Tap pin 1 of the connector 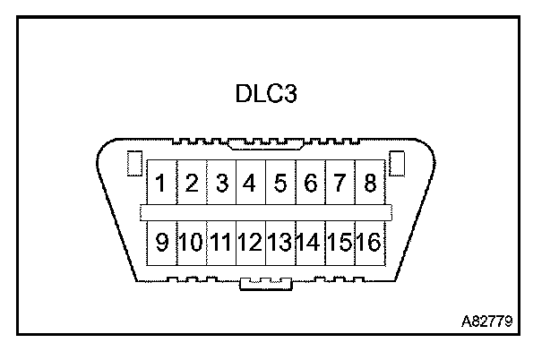click(x=161, y=185)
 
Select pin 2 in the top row click(x=191, y=185)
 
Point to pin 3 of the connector click(x=221, y=185)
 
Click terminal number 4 click(x=250, y=185)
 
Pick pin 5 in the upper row click(x=280, y=185)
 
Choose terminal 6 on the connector click(x=311, y=185)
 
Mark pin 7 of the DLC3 click(x=340, y=185)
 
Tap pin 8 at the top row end click(x=369, y=185)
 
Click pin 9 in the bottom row click(x=161, y=242)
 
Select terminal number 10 click(x=192, y=242)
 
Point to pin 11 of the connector click(x=221, y=242)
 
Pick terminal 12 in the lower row click(x=251, y=242)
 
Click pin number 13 click(x=280, y=242)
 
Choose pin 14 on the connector click(x=310, y=242)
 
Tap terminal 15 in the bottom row click(x=340, y=242)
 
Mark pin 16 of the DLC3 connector click(x=369, y=242)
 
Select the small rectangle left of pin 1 click(x=135, y=165)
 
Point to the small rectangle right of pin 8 click(x=398, y=165)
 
